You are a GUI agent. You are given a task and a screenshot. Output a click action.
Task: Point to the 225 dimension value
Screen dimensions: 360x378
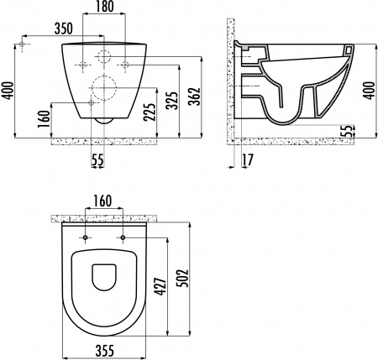[150, 110]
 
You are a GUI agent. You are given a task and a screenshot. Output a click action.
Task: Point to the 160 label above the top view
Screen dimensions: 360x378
[105, 201]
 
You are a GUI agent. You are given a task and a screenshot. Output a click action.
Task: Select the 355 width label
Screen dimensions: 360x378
[105, 351]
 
